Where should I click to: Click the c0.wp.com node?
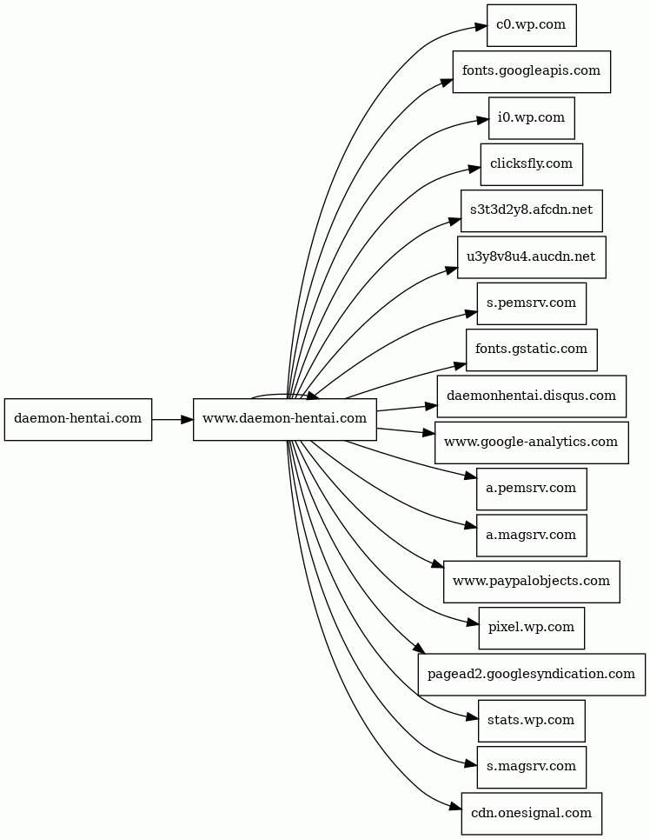(531, 25)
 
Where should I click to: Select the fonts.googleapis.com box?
(531, 71)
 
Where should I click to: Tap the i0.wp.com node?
(531, 117)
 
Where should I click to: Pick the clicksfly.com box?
(531, 164)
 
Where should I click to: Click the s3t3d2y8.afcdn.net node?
(531, 210)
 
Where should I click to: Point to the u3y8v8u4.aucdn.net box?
(531, 256)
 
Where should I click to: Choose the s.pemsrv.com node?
(531, 303)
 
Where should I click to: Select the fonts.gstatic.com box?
(531, 350)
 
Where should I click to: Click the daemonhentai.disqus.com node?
(531, 396)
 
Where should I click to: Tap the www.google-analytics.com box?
(531, 443)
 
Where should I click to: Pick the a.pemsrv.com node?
(531, 489)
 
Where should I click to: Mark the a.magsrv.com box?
(531, 535)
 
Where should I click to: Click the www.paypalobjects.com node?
(531, 582)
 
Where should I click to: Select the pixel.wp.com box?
(531, 628)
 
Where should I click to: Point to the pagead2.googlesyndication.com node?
(531, 674)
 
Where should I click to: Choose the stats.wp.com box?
(531, 721)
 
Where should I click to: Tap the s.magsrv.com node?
(531, 767)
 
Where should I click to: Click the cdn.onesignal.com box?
(531, 813)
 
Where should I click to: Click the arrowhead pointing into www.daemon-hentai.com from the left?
(187, 419)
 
